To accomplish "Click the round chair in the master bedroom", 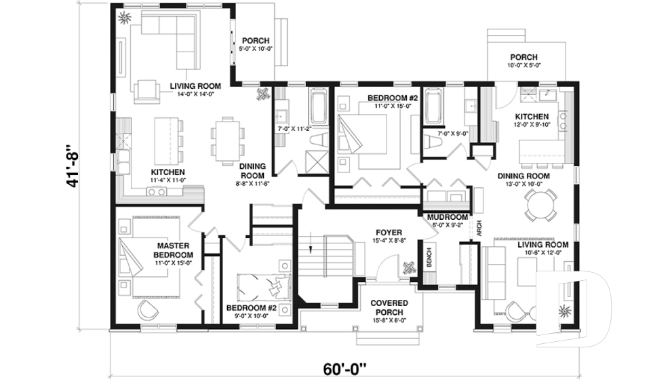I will pos(146,309).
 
